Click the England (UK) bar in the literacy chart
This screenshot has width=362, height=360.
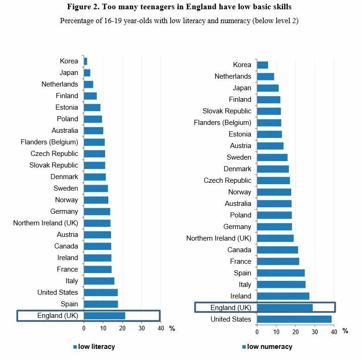(x=105, y=316)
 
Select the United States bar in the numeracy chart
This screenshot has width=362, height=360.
(x=294, y=319)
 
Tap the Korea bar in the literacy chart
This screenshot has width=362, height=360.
(x=86, y=61)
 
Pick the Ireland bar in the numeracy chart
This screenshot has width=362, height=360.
(x=283, y=296)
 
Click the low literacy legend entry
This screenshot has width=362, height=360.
(x=96, y=347)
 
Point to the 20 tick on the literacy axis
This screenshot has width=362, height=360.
(x=122, y=329)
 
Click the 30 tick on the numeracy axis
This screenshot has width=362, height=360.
(x=314, y=332)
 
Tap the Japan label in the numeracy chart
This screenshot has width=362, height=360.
(x=242, y=88)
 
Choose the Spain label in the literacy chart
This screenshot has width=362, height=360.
(x=69, y=304)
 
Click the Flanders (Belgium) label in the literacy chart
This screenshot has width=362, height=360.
(x=50, y=142)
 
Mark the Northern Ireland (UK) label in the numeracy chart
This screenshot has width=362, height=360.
(x=218, y=238)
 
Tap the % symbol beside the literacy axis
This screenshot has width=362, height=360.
(x=172, y=329)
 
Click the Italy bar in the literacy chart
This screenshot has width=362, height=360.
(x=99, y=281)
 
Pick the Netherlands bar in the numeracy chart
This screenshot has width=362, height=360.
(x=265, y=76)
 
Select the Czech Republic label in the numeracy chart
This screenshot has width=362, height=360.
(x=227, y=180)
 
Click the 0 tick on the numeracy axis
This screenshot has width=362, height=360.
(x=257, y=332)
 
